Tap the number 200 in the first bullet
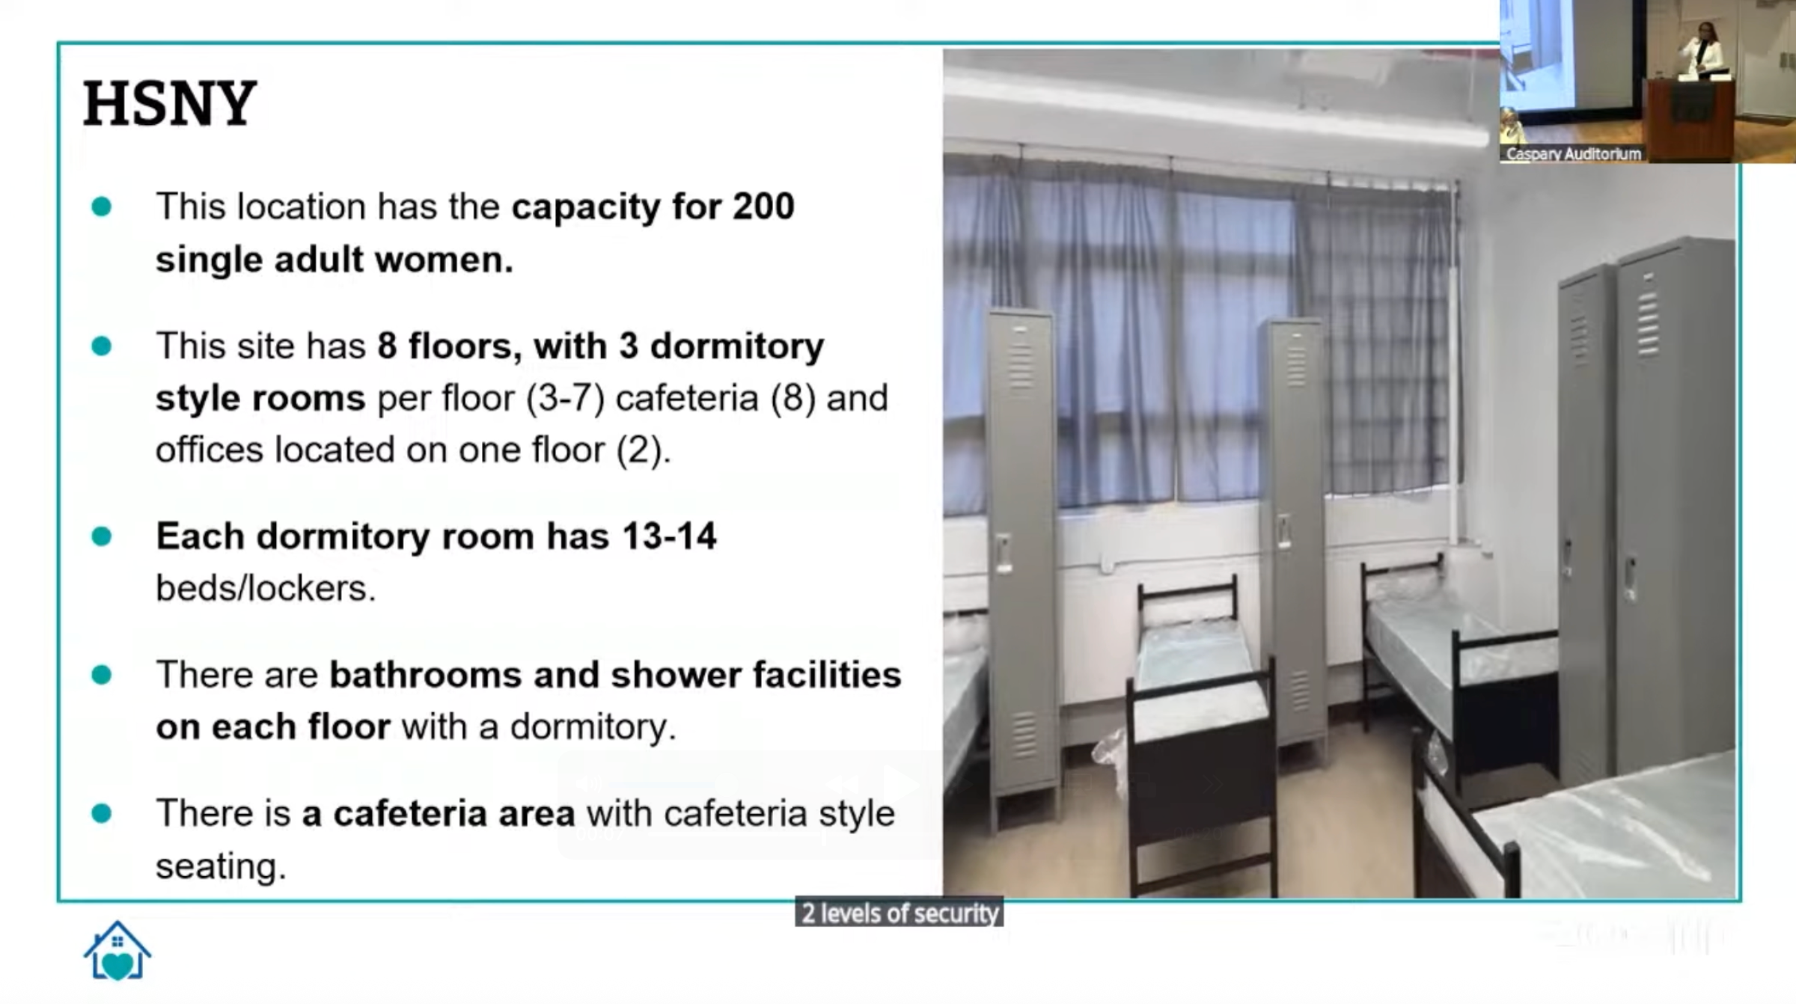point(763,206)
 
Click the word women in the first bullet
point(445,260)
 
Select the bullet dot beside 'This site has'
point(101,346)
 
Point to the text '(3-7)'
point(565,398)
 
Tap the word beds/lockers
point(266,588)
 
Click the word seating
point(221,866)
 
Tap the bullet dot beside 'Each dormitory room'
point(101,536)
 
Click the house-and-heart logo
point(117,950)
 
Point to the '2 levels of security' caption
point(899,913)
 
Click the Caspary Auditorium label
point(1574,154)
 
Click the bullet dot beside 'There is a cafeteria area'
point(101,813)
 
